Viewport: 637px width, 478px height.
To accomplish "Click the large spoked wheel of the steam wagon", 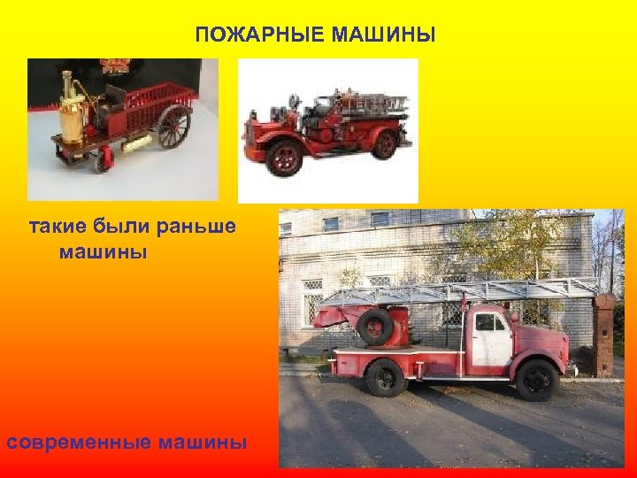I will click(x=173, y=126).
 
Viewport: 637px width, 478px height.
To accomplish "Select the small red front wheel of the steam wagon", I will click(x=107, y=158).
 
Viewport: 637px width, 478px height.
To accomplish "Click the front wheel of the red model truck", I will click(x=285, y=156).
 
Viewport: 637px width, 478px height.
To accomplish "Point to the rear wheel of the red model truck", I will click(x=384, y=143).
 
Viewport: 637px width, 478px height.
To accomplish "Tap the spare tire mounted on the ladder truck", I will click(x=375, y=327).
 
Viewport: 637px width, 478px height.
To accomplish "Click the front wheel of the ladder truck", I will click(x=536, y=380).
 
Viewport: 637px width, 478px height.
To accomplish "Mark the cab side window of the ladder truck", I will click(x=488, y=323).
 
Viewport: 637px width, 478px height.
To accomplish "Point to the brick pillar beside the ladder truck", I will click(x=604, y=336).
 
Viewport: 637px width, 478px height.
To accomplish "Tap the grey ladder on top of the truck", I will click(x=460, y=289).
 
